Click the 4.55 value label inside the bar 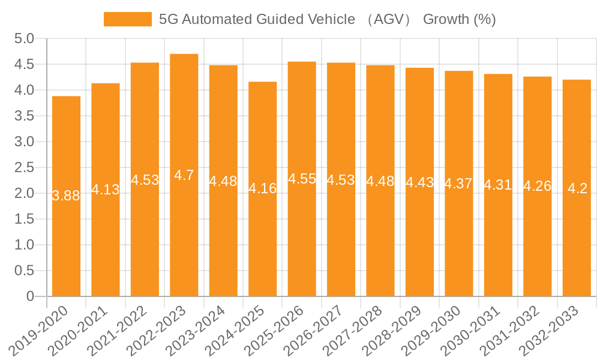[x=302, y=179]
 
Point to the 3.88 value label [x=66, y=196]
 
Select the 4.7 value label [x=184, y=175]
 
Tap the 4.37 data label [x=459, y=184]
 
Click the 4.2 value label [x=577, y=188]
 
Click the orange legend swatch [x=127, y=19]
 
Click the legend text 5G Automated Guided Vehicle [x=257, y=19]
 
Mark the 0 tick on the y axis [x=31, y=296]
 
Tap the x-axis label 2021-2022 [x=124, y=331]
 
